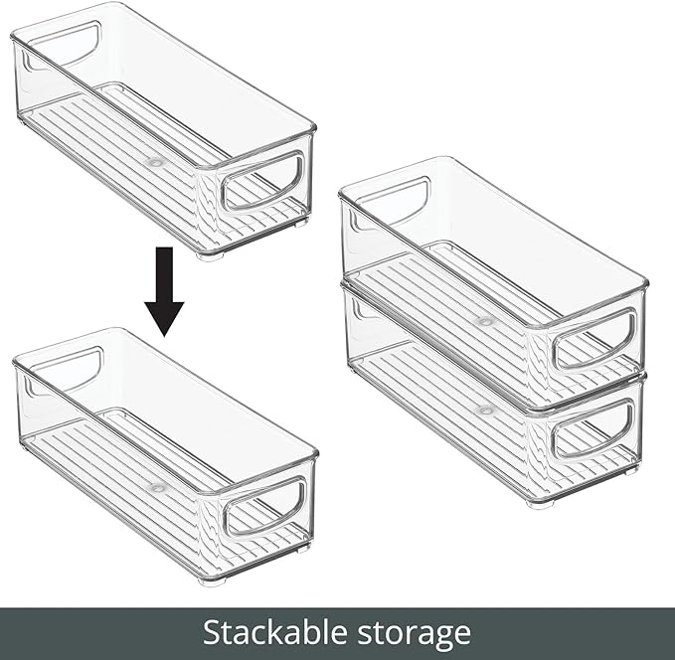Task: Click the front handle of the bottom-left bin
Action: (264, 506)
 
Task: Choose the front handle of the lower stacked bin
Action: (592, 430)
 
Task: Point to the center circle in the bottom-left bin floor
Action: (156, 488)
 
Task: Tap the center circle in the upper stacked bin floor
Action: (485, 321)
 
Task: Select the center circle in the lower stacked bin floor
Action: (485, 410)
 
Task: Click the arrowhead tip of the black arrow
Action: (164, 334)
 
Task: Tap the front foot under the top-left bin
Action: (210, 255)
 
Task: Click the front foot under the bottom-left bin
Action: (211, 580)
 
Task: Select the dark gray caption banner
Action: (337, 633)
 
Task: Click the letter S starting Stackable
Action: (212, 633)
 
